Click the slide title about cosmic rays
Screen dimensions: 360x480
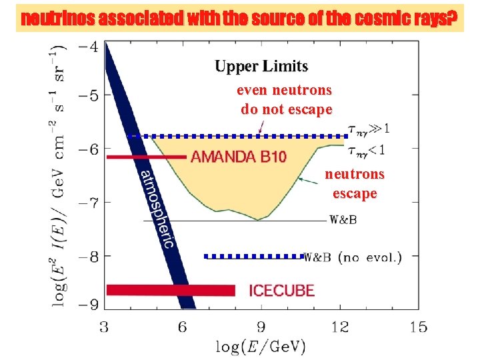pos(240,19)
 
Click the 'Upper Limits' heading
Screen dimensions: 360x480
pos(261,66)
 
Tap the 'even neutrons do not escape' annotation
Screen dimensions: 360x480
pos(285,99)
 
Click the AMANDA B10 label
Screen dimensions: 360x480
pos(238,157)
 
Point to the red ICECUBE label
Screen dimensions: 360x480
pos(281,290)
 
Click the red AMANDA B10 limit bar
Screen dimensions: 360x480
pos(146,156)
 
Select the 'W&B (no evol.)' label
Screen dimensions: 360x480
pos(353,257)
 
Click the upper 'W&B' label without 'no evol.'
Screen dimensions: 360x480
pos(343,220)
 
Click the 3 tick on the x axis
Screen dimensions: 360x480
pos(104,327)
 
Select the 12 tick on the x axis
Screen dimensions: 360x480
pos(340,327)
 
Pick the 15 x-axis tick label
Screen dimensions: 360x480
pos(418,327)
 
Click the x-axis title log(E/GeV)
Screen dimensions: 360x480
pos(261,346)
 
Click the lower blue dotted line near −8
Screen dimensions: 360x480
pos(253,256)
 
